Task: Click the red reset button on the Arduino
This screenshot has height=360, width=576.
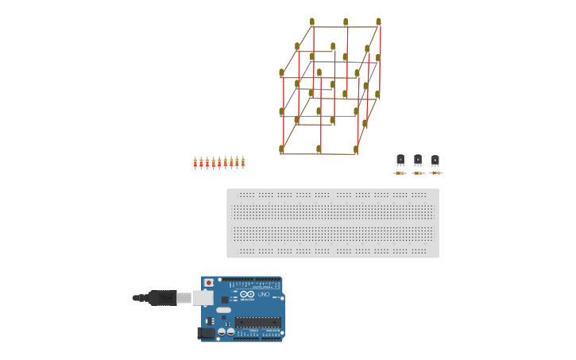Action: (x=209, y=282)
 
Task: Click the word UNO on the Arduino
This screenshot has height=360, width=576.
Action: (x=264, y=295)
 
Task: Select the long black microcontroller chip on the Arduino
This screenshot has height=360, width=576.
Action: (x=257, y=322)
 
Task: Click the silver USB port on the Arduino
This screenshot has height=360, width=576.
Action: (x=203, y=298)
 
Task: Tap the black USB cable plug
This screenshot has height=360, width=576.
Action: (x=162, y=298)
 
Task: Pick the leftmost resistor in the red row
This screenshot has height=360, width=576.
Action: (x=195, y=163)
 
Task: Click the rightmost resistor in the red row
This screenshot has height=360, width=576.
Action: (x=242, y=162)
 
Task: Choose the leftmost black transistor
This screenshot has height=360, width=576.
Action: (x=400, y=160)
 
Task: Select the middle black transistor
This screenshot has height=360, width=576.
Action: (x=418, y=160)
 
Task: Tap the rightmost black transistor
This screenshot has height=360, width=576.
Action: (x=435, y=161)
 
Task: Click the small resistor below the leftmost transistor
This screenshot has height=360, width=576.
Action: (x=400, y=172)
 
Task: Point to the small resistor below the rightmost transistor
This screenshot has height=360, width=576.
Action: (x=435, y=172)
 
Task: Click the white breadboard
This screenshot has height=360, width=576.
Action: (x=332, y=223)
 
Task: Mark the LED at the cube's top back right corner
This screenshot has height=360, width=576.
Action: (x=378, y=22)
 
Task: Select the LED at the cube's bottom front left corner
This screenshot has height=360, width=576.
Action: (x=282, y=149)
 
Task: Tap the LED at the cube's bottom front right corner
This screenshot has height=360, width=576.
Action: (x=356, y=149)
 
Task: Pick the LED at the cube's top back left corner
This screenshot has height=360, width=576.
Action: (x=312, y=22)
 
